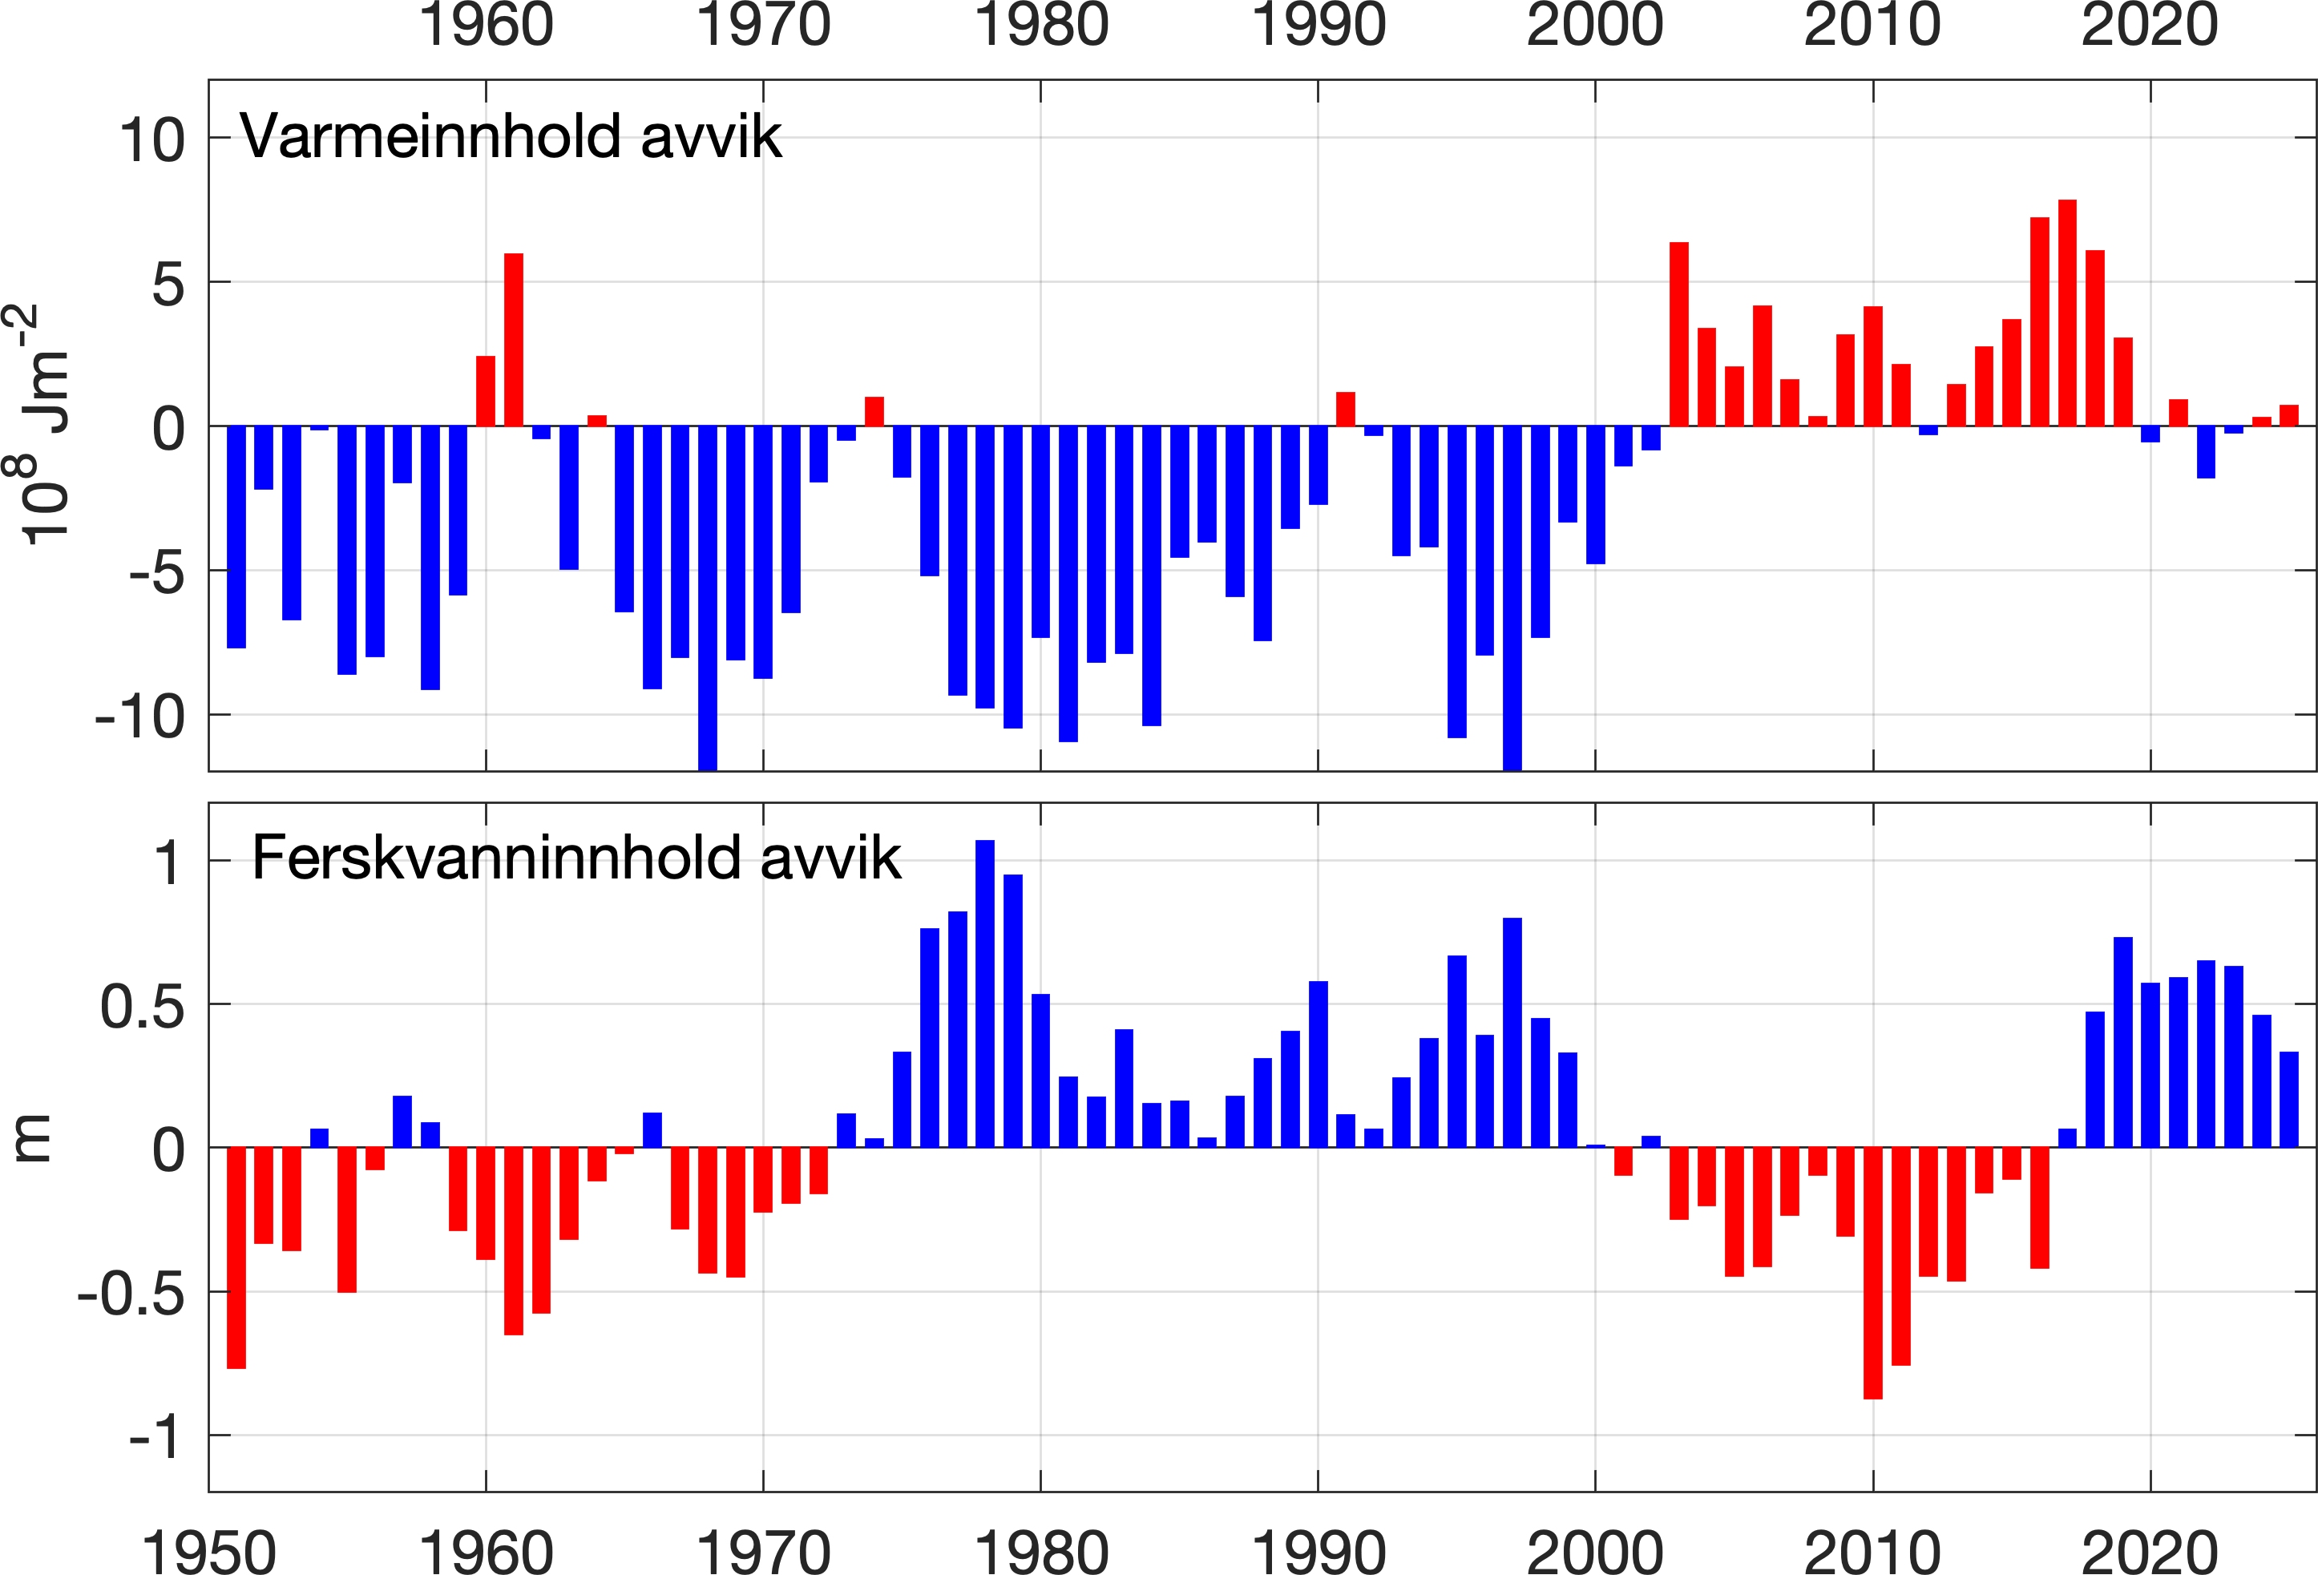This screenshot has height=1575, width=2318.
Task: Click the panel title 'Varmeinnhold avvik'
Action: (x=511, y=136)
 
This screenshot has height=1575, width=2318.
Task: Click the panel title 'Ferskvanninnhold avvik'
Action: (x=576, y=858)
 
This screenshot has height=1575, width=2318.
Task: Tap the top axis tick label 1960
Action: (x=486, y=25)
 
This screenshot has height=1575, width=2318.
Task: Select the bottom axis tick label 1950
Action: (x=208, y=1552)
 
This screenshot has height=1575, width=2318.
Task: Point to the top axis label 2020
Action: (x=2150, y=25)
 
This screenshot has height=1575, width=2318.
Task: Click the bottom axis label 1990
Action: (x=1318, y=1552)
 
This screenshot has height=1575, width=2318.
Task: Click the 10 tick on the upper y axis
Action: (x=151, y=139)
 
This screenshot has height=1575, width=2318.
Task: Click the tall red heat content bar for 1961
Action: (x=514, y=340)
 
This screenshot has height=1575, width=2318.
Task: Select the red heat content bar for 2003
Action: (x=1678, y=334)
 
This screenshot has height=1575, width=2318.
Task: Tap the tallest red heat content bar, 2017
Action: (x=2066, y=313)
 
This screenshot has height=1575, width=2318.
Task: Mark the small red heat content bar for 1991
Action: (x=1346, y=409)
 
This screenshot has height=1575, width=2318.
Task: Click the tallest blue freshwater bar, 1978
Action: (x=984, y=993)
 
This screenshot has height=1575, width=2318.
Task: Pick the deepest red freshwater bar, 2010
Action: (x=1872, y=1273)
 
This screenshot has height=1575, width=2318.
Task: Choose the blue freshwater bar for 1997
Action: (x=1512, y=1032)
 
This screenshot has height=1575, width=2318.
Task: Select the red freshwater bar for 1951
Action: (x=236, y=1258)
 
